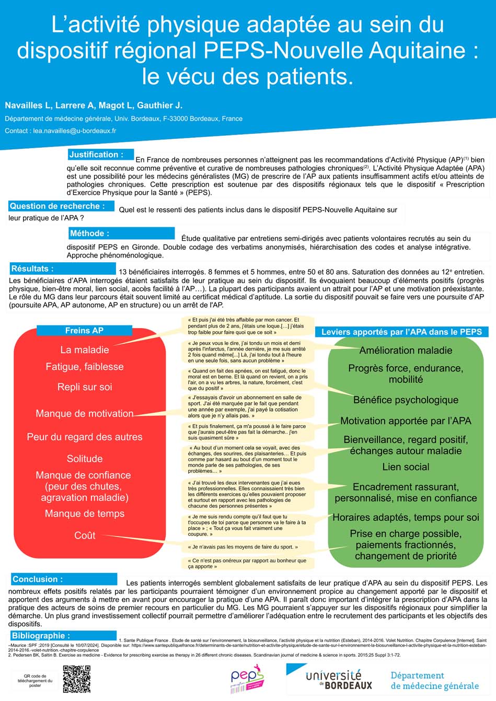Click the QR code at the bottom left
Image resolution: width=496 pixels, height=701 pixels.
[x=76, y=679]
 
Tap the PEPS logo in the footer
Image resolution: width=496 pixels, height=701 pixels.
[x=247, y=679]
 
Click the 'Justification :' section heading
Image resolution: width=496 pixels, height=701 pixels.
[x=97, y=155]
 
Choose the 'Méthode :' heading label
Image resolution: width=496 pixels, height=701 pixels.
[x=90, y=233]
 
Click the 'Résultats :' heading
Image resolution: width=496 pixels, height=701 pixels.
[x=33, y=268]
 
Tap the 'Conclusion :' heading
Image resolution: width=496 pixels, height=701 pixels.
[x=38, y=579]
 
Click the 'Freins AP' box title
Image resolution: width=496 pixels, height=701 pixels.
[x=84, y=330]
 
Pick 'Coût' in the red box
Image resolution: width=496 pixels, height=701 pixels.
[x=85, y=535]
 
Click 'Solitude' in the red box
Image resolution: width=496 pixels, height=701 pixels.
[x=85, y=459]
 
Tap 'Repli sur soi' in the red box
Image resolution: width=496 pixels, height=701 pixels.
[x=85, y=387]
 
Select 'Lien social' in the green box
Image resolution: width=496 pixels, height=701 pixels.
[x=406, y=467]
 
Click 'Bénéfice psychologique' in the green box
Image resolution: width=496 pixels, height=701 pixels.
[x=406, y=400]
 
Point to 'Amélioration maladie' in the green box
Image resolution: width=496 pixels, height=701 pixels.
[x=406, y=350]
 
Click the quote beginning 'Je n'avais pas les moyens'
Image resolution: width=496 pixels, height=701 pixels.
[x=243, y=547]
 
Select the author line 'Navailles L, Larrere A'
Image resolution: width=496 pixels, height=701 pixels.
[x=94, y=105]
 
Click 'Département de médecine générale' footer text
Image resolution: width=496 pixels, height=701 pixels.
[x=434, y=680]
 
